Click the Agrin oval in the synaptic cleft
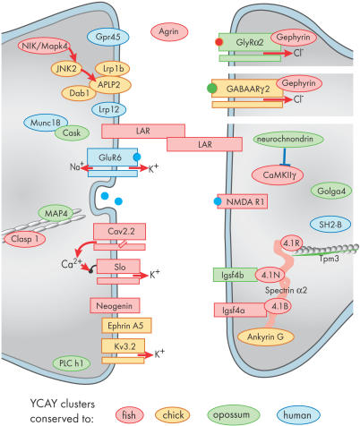169,31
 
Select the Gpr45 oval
107,37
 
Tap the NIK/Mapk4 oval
44,47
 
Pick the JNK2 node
66,69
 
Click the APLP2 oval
109,85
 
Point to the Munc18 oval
45,123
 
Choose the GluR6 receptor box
112,158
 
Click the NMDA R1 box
242,201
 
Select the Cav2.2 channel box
119,231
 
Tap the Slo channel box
118,267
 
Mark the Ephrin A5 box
126,326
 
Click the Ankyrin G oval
266,337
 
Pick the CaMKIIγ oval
278,175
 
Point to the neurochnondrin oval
285,139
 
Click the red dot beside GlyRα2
219,42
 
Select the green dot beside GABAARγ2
211,89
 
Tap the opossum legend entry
233,414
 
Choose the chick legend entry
173,415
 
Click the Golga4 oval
331,191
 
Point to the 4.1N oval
270,275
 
